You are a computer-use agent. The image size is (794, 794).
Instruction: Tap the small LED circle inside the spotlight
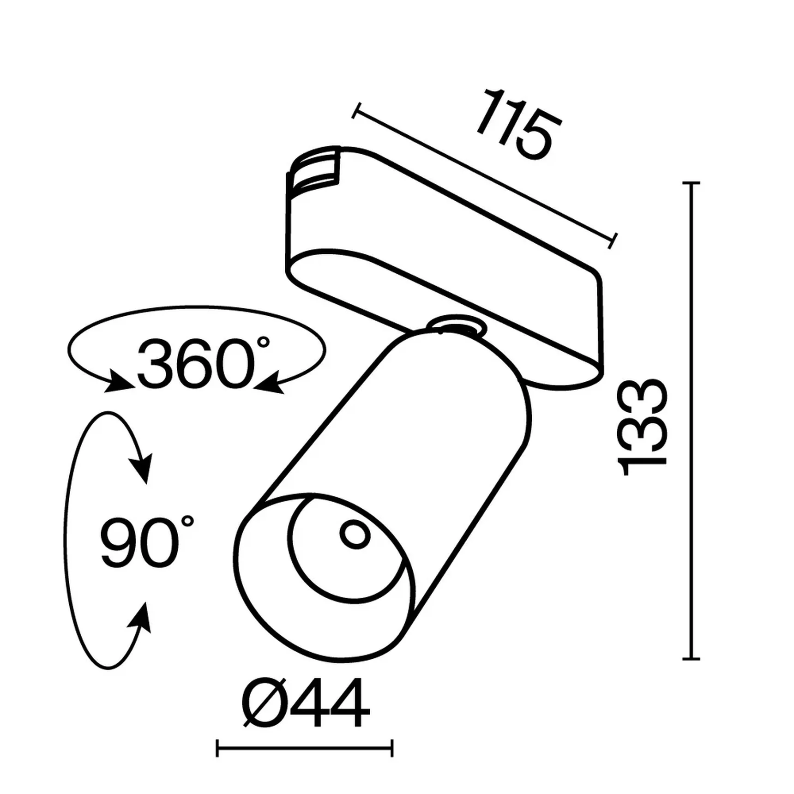tap(355, 535)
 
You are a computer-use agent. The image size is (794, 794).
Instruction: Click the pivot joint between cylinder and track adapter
tap(456, 325)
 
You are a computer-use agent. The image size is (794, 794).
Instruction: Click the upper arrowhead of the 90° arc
tap(143, 469)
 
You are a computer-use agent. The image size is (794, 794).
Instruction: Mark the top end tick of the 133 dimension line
tap(691, 183)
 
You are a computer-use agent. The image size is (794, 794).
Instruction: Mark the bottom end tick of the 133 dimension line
tap(691, 659)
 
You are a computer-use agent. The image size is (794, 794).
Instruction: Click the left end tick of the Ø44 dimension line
tap(217, 748)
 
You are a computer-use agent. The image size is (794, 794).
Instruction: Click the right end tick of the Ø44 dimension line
tap(392, 748)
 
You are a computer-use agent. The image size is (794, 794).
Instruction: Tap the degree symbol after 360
tap(263, 342)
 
